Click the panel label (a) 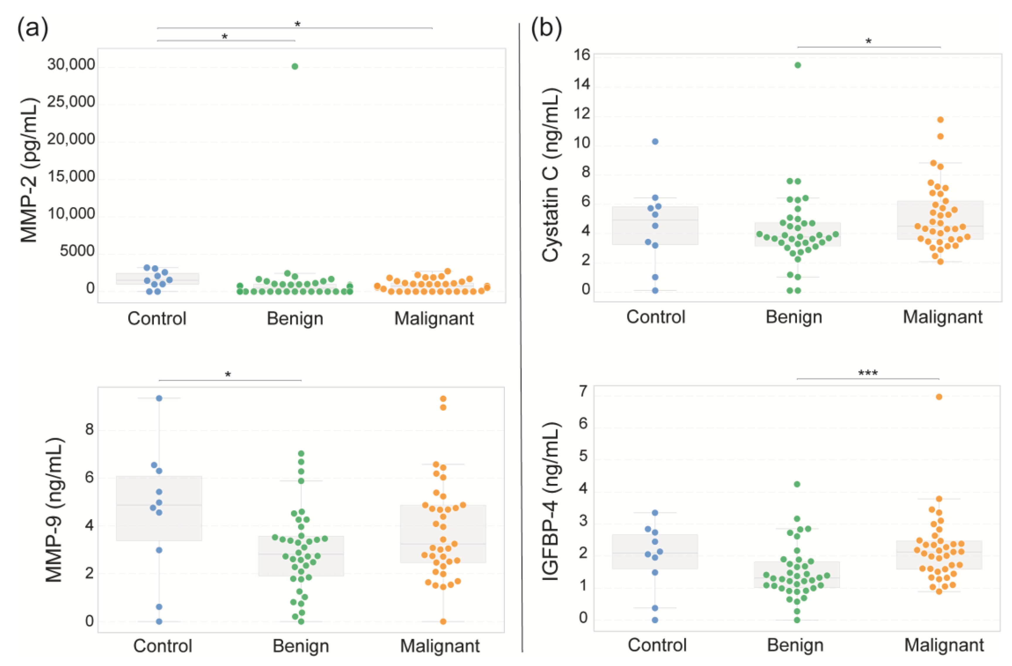tap(33, 29)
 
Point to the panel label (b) tap(546, 29)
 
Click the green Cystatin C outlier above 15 tap(798, 65)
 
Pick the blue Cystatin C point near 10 tap(655, 142)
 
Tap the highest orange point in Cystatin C tap(940, 120)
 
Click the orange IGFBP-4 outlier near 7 tap(939, 397)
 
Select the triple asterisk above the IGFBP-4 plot tap(868, 373)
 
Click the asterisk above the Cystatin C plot tap(869, 42)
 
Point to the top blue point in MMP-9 tap(159, 398)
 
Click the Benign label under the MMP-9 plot tap(301, 646)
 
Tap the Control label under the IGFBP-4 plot tap(657, 645)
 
